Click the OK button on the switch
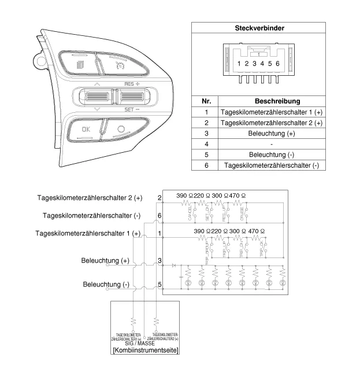pyautogui.click(x=86, y=130)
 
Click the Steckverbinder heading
pyautogui.click(x=259, y=28)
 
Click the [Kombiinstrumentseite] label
pyautogui.click(x=145, y=351)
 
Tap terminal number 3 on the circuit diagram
pyautogui.click(x=159, y=261)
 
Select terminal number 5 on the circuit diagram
pyautogui.click(x=159, y=285)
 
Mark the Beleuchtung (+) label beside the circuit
pyautogui.click(x=105, y=261)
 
